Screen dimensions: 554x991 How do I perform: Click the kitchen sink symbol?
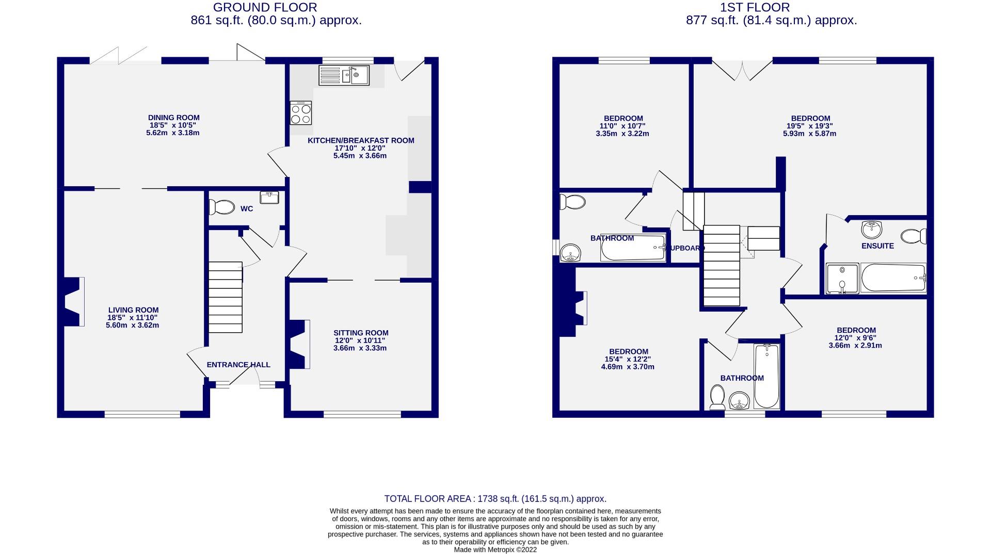coord(344,75)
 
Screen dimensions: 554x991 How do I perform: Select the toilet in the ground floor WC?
coord(221,207)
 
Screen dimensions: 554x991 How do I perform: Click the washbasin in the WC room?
coord(269,198)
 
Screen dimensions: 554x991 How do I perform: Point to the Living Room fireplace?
coord(73,302)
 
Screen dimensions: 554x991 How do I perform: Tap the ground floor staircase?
coord(226,297)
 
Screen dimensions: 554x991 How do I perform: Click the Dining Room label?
coord(173,118)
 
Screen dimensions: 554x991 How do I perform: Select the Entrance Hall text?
coord(238,365)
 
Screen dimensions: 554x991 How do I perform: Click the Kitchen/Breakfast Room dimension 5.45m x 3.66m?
coord(360,155)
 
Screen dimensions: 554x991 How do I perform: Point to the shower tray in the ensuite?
coord(842,279)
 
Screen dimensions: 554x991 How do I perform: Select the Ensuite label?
coord(877,246)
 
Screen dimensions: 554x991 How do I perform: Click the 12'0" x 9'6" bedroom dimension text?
coord(855,338)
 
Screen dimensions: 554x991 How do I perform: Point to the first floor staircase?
coord(722,266)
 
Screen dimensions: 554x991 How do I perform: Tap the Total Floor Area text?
coord(495,499)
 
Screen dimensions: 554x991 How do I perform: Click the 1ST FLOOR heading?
coord(755,7)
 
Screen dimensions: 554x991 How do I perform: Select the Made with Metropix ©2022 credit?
coord(495,550)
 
